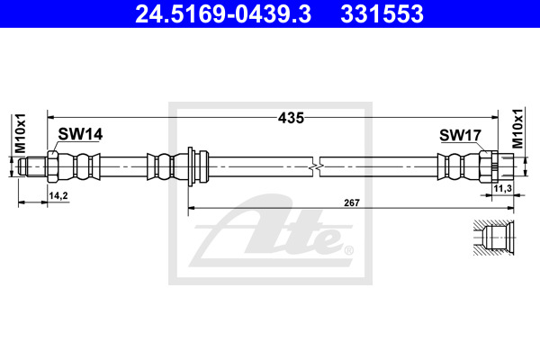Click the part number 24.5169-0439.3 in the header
point(223,14)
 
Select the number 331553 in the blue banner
point(382,14)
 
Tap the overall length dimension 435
point(291,118)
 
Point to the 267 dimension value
point(352,202)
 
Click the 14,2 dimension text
point(58,195)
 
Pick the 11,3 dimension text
point(503,188)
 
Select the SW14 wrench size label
point(80,134)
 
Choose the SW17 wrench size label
point(460,135)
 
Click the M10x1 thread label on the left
point(21,133)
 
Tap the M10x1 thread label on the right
point(517,128)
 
